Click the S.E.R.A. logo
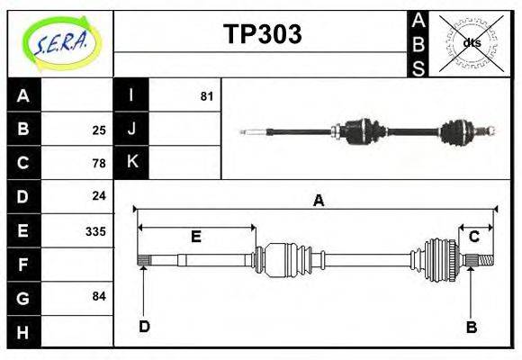[x=60, y=42]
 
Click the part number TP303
[x=262, y=34]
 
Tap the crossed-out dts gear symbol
[x=471, y=42]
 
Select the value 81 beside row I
[x=206, y=94]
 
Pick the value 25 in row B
[x=99, y=129]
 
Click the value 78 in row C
[x=99, y=163]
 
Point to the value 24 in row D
[x=99, y=195]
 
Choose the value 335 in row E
[x=95, y=230]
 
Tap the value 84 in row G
[x=99, y=296]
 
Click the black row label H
[x=23, y=331]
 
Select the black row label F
[x=23, y=264]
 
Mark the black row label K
[x=131, y=162]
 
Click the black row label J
[x=131, y=129]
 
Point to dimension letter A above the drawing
[x=318, y=201]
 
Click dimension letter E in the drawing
[x=195, y=237]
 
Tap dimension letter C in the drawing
[x=473, y=237]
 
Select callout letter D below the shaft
[x=144, y=326]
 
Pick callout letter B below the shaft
[x=471, y=327]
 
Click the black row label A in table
[x=23, y=95]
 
